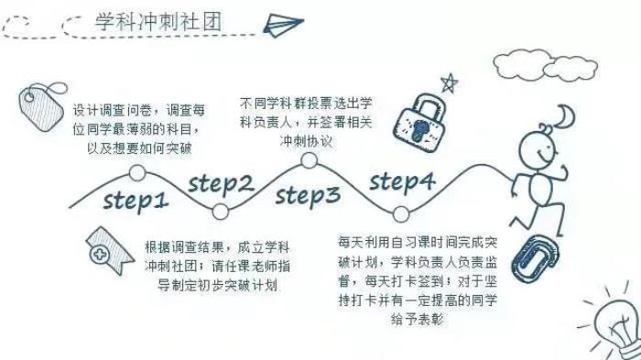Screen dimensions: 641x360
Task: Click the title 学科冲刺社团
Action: click(x=158, y=21)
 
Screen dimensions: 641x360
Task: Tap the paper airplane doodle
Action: click(x=283, y=25)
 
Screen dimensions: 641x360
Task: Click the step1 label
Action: click(x=136, y=201)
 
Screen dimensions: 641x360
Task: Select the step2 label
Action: click(x=221, y=185)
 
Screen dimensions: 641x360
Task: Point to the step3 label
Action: click(x=308, y=196)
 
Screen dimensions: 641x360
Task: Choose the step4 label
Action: click(x=402, y=182)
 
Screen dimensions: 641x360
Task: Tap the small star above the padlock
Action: click(x=449, y=83)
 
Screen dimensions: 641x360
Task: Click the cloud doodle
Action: click(x=546, y=66)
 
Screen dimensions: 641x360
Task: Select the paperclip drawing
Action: click(x=535, y=258)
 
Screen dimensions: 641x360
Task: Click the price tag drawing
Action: click(x=42, y=106)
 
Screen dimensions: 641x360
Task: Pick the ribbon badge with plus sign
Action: click(x=108, y=250)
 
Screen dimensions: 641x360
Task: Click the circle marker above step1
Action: click(x=137, y=173)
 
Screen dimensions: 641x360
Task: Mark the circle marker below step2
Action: click(x=221, y=212)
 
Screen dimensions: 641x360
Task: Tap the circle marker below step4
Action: click(x=401, y=214)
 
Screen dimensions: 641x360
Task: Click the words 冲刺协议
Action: click(x=306, y=141)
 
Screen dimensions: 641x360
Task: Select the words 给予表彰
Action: click(x=417, y=319)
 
